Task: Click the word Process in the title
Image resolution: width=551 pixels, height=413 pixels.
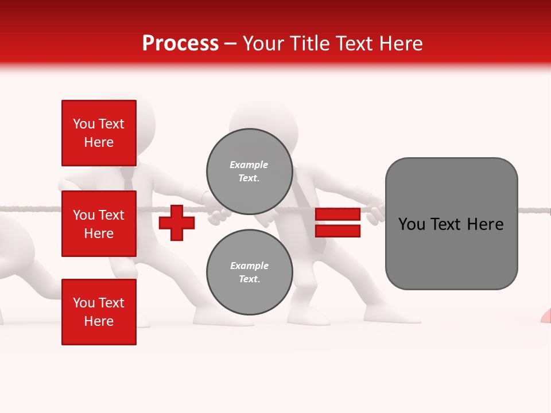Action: pos(180,44)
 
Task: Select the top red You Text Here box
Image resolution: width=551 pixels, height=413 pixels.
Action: pos(99,133)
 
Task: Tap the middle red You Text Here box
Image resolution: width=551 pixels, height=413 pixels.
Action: pos(99,224)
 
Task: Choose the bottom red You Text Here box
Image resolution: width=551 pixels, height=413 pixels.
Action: pos(99,311)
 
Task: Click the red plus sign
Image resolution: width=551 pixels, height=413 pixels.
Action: pos(177,223)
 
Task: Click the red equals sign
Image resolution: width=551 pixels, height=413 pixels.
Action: pos(337,223)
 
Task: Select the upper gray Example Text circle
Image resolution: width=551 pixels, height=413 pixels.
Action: pos(249,171)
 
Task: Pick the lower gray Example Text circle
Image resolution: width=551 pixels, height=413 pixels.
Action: pos(249,272)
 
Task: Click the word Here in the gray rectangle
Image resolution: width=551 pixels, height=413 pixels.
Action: pos(485,224)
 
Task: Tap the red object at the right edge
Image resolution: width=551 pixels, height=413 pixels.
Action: pos(546,315)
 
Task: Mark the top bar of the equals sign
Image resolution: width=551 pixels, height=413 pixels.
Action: pos(337,214)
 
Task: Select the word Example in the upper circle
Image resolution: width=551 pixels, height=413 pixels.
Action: pos(249,165)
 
